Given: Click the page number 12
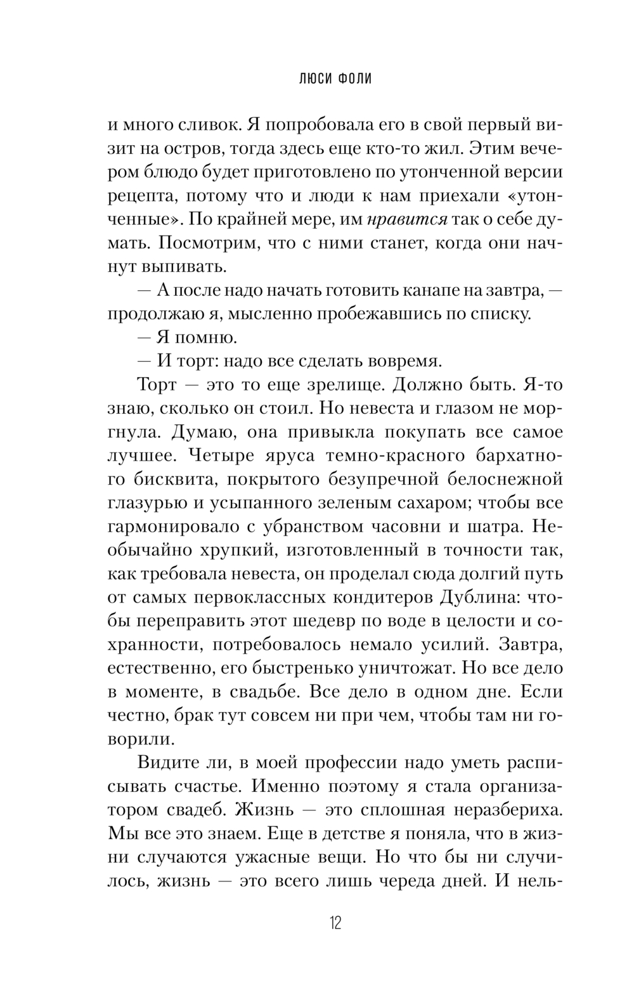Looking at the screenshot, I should tap(335, 923).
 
